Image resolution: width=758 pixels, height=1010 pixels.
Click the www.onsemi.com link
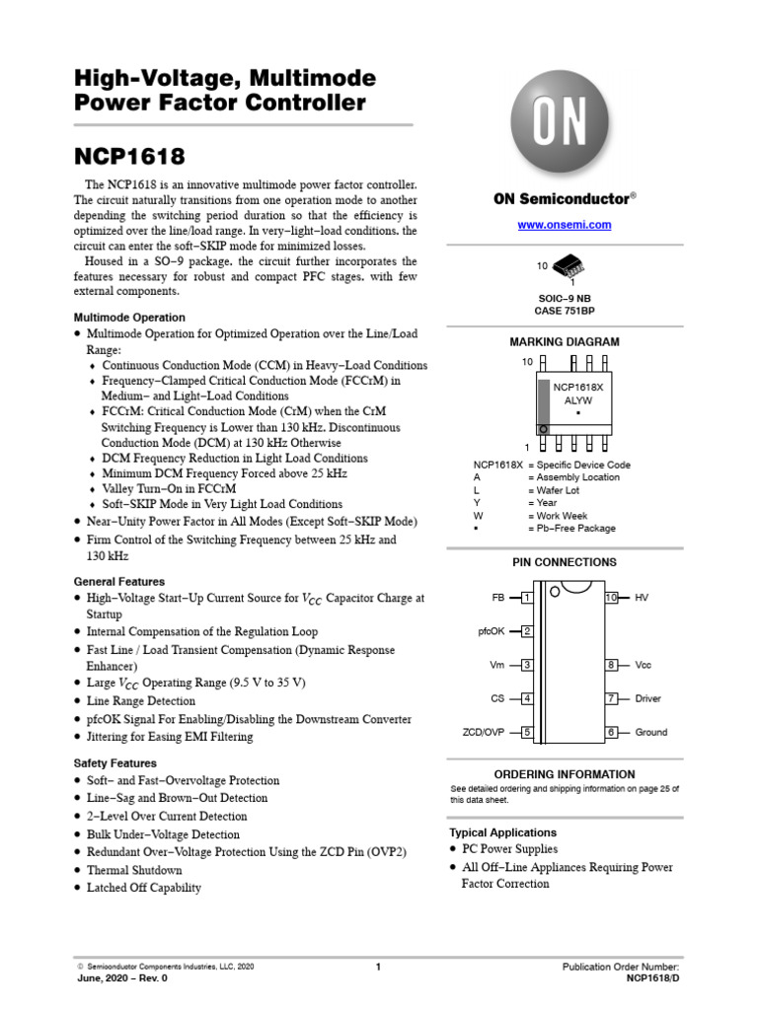[565, 225]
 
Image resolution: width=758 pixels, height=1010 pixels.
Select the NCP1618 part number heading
[129, 157]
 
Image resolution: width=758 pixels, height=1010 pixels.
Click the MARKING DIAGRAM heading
[565, 342]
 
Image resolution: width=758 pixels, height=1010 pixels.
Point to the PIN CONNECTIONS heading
[565, 562]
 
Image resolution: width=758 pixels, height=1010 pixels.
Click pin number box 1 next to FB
[528, 598]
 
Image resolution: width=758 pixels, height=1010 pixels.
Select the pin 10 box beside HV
[611, 598]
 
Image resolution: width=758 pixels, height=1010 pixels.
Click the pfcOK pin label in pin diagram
[491, 631]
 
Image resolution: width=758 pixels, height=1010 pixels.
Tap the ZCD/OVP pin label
[484, 732]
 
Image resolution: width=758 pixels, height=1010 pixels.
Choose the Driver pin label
[647, 698]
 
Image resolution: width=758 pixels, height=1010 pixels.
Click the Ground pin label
[650, 732]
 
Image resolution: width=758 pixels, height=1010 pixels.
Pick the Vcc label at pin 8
[644, 665]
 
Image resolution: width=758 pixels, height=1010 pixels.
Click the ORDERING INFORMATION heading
[565, 774]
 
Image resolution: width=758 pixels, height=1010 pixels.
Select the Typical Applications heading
[502, 832]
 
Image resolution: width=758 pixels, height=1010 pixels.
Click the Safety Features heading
[115, 763]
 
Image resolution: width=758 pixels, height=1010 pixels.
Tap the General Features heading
[119, 582]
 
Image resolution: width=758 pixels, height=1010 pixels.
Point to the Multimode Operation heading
[129, 318]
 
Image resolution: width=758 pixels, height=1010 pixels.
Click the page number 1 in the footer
[378, 968]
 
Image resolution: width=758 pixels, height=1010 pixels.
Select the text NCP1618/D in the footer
[652, 978]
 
